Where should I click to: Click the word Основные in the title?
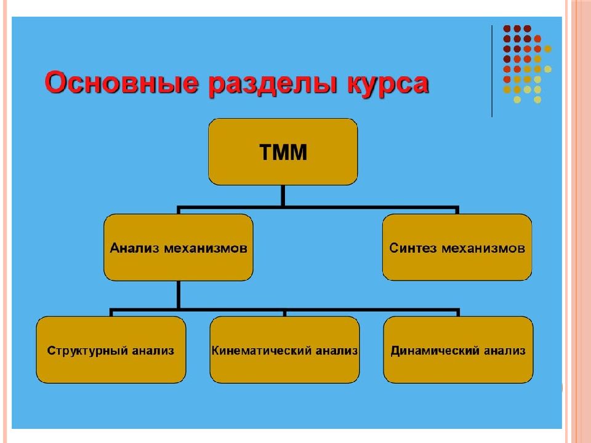121,82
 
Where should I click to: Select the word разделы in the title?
273,84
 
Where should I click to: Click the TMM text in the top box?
283,152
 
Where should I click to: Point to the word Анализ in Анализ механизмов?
135,248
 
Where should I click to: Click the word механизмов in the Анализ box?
206,248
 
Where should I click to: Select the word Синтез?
412,248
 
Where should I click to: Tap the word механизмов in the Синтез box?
483,248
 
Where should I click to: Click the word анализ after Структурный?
153,351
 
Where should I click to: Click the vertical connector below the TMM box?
283,196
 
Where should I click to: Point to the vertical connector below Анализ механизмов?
178,295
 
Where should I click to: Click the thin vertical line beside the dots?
492,71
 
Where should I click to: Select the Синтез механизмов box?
457,247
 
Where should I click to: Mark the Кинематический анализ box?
284,350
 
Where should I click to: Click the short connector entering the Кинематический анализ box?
284,313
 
